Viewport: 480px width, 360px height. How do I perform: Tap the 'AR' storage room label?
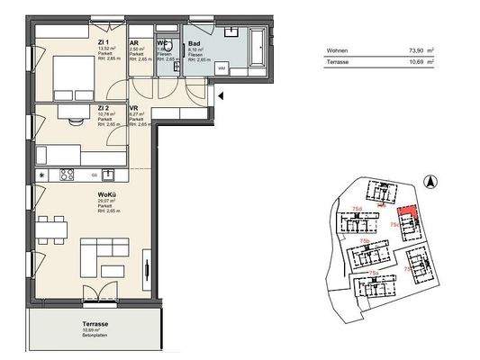134,41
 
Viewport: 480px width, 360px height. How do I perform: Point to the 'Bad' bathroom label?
193,41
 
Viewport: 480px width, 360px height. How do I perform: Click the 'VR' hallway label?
134,106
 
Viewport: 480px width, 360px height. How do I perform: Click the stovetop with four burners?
66,174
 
